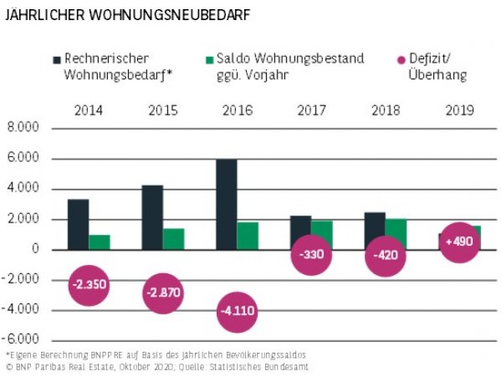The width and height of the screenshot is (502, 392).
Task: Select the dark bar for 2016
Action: coord(227,204)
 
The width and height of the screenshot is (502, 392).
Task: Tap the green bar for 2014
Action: coord(100,242)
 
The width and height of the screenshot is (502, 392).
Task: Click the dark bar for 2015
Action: coord(152,217)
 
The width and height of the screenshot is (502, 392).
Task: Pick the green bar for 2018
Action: coord(397,233)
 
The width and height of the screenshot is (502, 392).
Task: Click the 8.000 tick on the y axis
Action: coord(23,129)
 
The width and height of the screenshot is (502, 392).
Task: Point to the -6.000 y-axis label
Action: coord(22,340)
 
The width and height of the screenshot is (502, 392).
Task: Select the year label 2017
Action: coord(311,109)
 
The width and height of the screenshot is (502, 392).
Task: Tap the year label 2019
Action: coord(459,109)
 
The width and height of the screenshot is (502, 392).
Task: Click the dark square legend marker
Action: coord(57,59)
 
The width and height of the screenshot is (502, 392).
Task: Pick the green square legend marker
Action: coord(211,59)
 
